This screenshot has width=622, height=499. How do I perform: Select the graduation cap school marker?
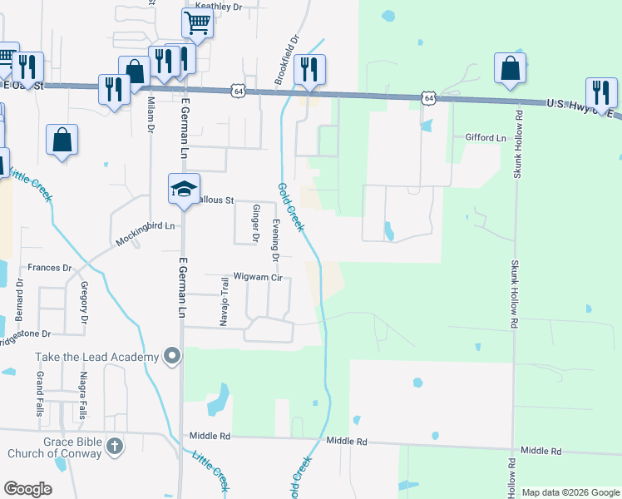coord(184,189)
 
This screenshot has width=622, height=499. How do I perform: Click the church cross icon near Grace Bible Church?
coord(115,447)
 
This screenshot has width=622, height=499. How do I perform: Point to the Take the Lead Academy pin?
coord(172,357)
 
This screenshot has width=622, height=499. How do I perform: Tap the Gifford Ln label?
coord(486,137)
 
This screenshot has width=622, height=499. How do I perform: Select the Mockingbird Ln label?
coord(146,226)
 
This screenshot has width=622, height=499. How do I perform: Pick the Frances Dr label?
coord(50,268)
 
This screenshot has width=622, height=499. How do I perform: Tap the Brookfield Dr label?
coord(288,60)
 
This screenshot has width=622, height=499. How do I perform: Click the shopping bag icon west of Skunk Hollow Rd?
coord(510,70)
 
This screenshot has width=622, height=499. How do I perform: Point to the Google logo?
coord(27,489)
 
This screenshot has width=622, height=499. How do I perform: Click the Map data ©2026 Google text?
coord(570,492)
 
